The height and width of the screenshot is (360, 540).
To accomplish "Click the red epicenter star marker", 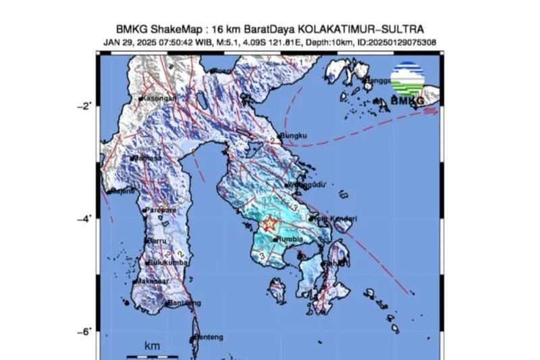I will pos(270,224).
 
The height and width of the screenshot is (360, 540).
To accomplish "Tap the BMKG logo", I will pos(408,84).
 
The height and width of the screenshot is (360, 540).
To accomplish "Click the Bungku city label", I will pos(294,135).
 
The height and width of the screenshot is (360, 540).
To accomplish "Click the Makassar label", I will pos(155,281).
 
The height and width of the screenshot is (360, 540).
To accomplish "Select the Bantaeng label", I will pos(183,303).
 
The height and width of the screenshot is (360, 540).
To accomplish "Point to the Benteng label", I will pos(207,337).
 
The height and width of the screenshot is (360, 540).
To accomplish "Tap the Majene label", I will pos(121,192).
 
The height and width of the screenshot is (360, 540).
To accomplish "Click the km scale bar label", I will pos(153,346).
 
